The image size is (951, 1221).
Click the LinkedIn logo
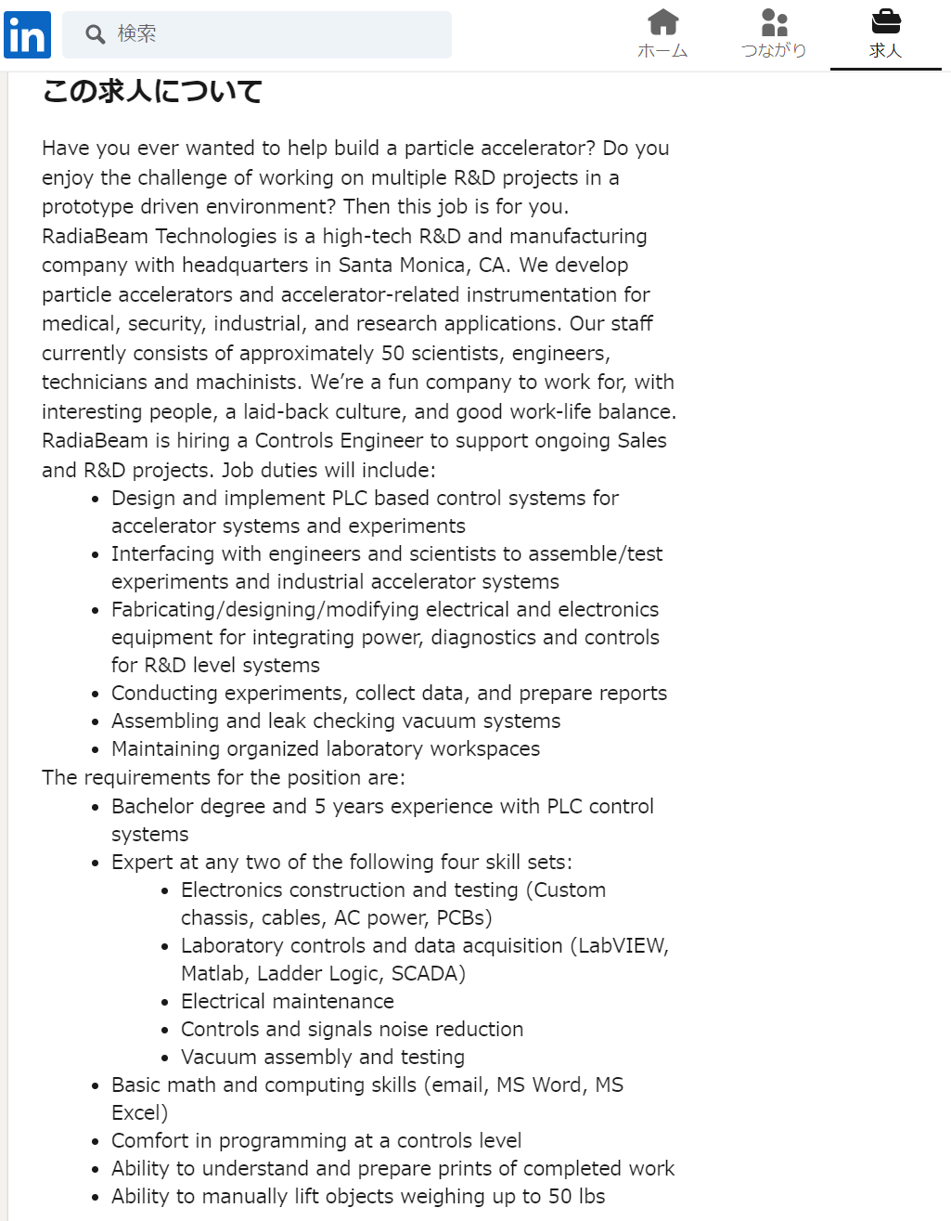(x=27, y=35)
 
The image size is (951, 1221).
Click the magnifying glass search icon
(x=95, y=34)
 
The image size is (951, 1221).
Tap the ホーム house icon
(x=662, y=21)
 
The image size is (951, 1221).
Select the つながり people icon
(x=774, y=21)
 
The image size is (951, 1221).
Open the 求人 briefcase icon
(x=885, y=21)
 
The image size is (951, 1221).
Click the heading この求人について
(x=152, y=91)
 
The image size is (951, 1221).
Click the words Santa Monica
(x=403, y=265)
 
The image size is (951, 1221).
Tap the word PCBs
(x=460, y=917)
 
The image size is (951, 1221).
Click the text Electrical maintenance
(x=288, y=1001)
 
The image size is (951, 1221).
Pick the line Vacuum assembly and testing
(x=323, y=1057)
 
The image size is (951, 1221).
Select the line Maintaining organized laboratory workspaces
(x=326, y=748)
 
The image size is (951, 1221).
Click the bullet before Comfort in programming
(x=96, y=1141)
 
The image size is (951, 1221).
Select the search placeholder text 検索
(x=136, y=34)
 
